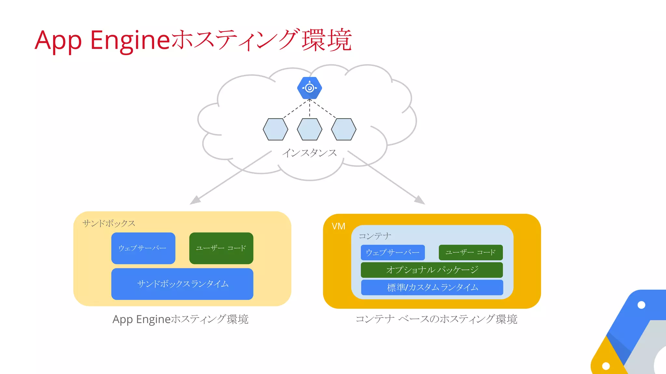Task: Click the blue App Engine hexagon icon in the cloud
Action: point(309,88)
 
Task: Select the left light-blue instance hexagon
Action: point(275,129)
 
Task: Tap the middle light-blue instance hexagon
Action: point(309,129)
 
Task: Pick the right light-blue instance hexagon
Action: point(343,129)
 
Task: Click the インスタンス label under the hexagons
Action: point(309,153)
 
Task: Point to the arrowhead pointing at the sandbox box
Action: point(195,200)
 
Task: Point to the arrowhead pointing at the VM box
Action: point(420,200)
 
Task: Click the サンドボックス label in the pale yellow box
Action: point(109,223)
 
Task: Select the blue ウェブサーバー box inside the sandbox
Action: point(143,248)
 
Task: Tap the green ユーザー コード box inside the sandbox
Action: point(221,248)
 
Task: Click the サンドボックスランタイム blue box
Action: point(182,284)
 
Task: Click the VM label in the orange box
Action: point(338,226)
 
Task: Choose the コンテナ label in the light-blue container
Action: point(375,236)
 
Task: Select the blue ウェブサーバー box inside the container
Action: point(393,252)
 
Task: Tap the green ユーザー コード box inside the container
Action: point(471,252)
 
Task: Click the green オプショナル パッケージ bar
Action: point(432,270)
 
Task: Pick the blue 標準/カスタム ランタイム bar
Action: point(432,287)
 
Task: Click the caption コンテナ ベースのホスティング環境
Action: point(436,319)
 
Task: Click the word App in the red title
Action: point(58,41)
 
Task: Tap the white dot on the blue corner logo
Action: point(641,305)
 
